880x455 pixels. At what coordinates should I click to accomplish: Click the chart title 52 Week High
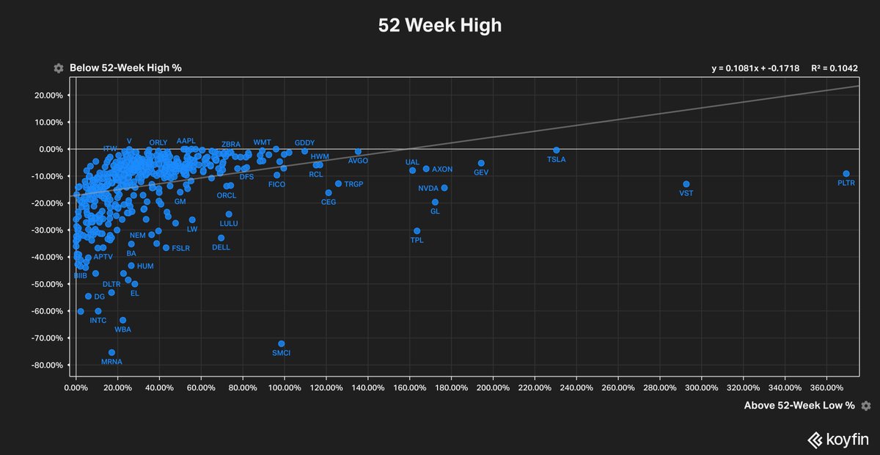tap(440, 26)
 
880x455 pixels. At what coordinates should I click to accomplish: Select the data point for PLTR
tap(846, 174)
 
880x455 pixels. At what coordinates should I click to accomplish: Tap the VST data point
tap(686, 184)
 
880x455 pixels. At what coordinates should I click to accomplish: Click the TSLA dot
tap(557, 150)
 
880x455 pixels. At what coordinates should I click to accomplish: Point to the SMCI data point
tap(282, 343)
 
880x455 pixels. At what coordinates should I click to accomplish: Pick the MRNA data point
tap(111, 352)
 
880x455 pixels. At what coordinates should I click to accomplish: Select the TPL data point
tap(417, 230)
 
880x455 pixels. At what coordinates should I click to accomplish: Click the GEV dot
tap(481, 163)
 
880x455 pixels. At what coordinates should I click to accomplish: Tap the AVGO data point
tap(358, 151)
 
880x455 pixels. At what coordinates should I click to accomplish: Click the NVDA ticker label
tap(428, 189)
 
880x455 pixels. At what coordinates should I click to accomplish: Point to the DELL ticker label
tap(221, 247)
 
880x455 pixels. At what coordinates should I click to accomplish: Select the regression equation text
tap(755, 68)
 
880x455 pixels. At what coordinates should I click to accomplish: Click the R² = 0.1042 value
tap(835, 68)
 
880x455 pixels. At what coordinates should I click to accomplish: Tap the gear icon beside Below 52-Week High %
tap(59, 68)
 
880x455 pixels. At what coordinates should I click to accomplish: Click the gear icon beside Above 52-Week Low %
tap(866, 405)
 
